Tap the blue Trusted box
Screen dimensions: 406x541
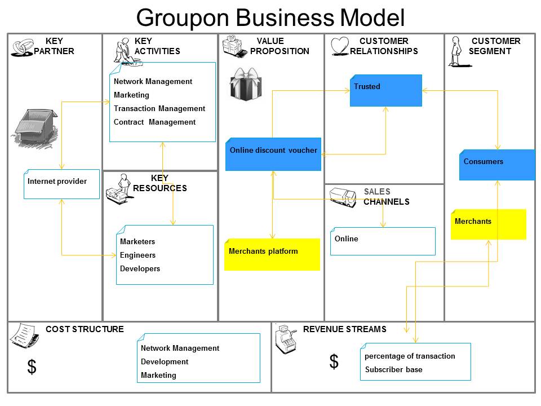385,90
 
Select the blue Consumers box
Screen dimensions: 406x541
496,165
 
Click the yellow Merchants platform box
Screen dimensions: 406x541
272,254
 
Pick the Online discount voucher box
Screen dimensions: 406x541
273,154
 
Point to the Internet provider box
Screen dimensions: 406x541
61,184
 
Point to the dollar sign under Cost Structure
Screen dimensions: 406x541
32,367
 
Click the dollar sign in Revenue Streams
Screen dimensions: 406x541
334,361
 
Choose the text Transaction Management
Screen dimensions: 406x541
159,108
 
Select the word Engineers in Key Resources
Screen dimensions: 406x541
138,255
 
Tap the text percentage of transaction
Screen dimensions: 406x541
410,356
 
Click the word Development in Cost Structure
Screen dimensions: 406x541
165,361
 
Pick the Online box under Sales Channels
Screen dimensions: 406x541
383,241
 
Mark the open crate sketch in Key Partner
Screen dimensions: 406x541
36,126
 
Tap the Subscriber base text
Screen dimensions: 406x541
393,369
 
